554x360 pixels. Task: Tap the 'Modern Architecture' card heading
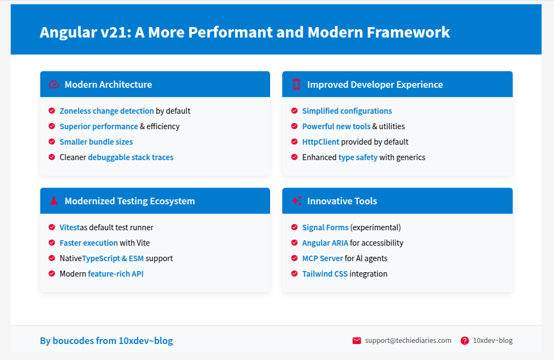click(108, 84)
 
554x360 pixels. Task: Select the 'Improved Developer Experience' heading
click(374, 84)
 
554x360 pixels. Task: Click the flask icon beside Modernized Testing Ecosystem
click(54, 201)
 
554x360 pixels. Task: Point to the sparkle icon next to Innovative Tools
click(296, 201)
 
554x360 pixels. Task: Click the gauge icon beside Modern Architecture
click(54, 84)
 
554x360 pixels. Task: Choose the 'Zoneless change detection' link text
click(107, 111)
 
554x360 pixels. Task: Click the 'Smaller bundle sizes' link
click(96, 142)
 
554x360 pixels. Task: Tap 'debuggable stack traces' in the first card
click(130, 157)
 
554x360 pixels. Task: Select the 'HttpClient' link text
click(320, 142)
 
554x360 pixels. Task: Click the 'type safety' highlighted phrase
click(358, 157)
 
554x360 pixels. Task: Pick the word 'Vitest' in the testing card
click(70, 227)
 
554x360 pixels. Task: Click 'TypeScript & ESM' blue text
click(116, 258)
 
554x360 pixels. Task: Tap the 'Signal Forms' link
click(325, 227)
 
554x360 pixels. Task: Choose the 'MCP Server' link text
click(322, 258)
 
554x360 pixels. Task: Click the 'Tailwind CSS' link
click(325, 274)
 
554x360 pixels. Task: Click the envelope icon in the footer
click(357, 341)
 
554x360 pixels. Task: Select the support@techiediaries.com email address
click(408, 341)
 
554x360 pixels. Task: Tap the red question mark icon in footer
click(465, 341)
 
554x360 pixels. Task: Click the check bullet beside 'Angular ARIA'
click(294, 243)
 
